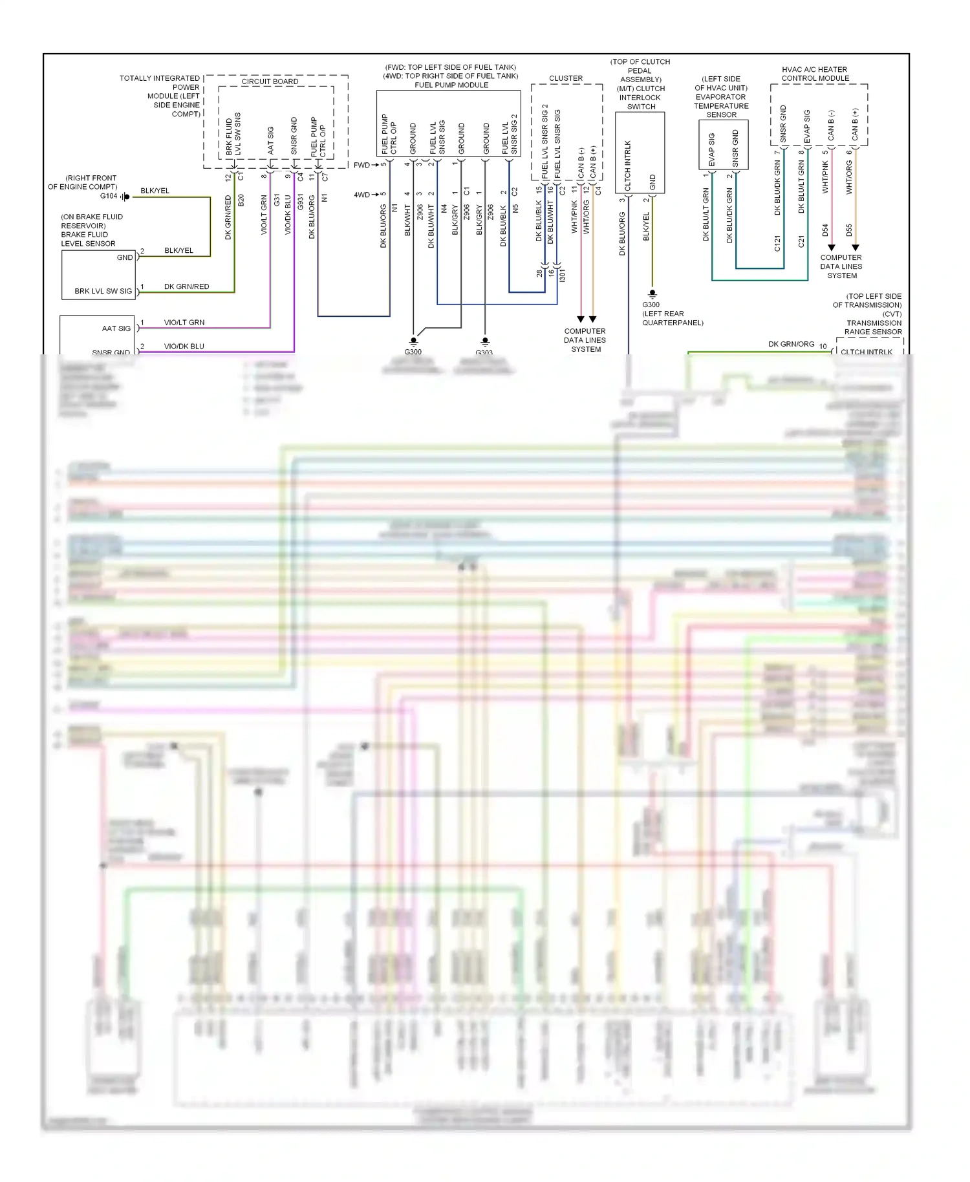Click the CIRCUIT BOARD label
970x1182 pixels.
[x=270, y=81]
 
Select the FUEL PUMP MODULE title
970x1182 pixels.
[x=451, y=85]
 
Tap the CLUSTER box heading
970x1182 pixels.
[x=566, y=78]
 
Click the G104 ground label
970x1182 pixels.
[x=109, y=196]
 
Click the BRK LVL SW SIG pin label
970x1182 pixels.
[x=103, y=291]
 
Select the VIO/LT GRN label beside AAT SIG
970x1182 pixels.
[x=184, y=322]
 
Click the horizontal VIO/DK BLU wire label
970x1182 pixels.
[x=184, y=346]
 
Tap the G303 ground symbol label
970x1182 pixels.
[x=484, y=352]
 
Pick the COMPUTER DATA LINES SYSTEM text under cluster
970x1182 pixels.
[x=585, y=340]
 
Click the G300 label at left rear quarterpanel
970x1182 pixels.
[x=651, y=305]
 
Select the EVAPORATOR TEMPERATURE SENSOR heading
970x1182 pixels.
[x=721, y=105]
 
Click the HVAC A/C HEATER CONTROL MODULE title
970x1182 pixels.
[x=815, y=74]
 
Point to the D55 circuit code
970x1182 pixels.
[x=849, y=230]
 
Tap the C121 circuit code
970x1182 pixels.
[x=777, y=243]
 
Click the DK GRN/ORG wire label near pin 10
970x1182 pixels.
[x=791, y=344]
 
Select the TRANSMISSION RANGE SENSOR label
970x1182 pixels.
[x=873, y=327]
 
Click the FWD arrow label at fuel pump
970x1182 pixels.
[x=361, y=165]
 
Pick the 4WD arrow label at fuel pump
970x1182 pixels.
[x=361, y=195]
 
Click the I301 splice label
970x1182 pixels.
[x=562, y=275]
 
